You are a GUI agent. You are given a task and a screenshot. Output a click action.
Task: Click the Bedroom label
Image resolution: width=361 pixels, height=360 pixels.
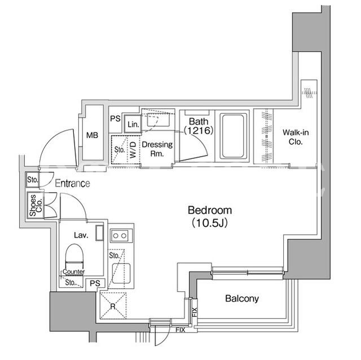point(210,210)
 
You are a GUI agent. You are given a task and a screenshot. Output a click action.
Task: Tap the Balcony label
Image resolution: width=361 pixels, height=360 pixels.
point(242,299)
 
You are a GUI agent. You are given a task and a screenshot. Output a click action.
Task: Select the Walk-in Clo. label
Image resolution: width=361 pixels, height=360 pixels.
point(296,137)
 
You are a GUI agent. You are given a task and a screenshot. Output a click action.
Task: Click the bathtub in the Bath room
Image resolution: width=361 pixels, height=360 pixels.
point(232,136)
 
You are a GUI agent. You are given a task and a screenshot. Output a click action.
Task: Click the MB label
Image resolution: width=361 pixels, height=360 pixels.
point(92,135)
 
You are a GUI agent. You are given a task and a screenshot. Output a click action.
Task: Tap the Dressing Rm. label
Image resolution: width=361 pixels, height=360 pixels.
point(157,149)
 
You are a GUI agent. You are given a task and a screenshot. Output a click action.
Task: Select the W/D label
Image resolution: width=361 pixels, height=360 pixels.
point(133,150)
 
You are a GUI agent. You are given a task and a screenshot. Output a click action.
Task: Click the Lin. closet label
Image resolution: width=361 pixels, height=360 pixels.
point(133,125)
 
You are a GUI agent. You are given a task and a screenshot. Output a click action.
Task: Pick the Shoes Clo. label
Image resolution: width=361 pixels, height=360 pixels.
point(36,205)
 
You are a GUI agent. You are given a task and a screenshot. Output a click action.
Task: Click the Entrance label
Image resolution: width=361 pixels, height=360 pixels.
point(73,184)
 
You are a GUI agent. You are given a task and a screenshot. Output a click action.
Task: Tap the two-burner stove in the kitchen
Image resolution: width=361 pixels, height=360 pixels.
point(120,235)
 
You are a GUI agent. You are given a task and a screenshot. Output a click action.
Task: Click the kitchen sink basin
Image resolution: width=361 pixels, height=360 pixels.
point(121,273)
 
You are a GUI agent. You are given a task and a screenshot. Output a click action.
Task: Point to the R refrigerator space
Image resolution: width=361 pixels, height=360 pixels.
point(113,305)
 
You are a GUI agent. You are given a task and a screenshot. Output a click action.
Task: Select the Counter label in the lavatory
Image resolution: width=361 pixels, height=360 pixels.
point(74,272)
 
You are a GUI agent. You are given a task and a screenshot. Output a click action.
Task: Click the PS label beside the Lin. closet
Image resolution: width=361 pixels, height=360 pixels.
point(115,119)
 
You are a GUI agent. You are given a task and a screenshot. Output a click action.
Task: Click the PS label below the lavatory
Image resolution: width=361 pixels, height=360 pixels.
point(95,283)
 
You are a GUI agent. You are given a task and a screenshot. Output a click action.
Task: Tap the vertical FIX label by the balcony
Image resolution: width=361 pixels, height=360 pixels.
point(195,312)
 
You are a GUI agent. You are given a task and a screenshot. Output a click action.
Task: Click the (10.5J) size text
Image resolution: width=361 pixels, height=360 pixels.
point(210,223)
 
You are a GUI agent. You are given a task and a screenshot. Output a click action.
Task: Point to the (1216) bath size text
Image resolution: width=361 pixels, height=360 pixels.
point(199,131)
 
